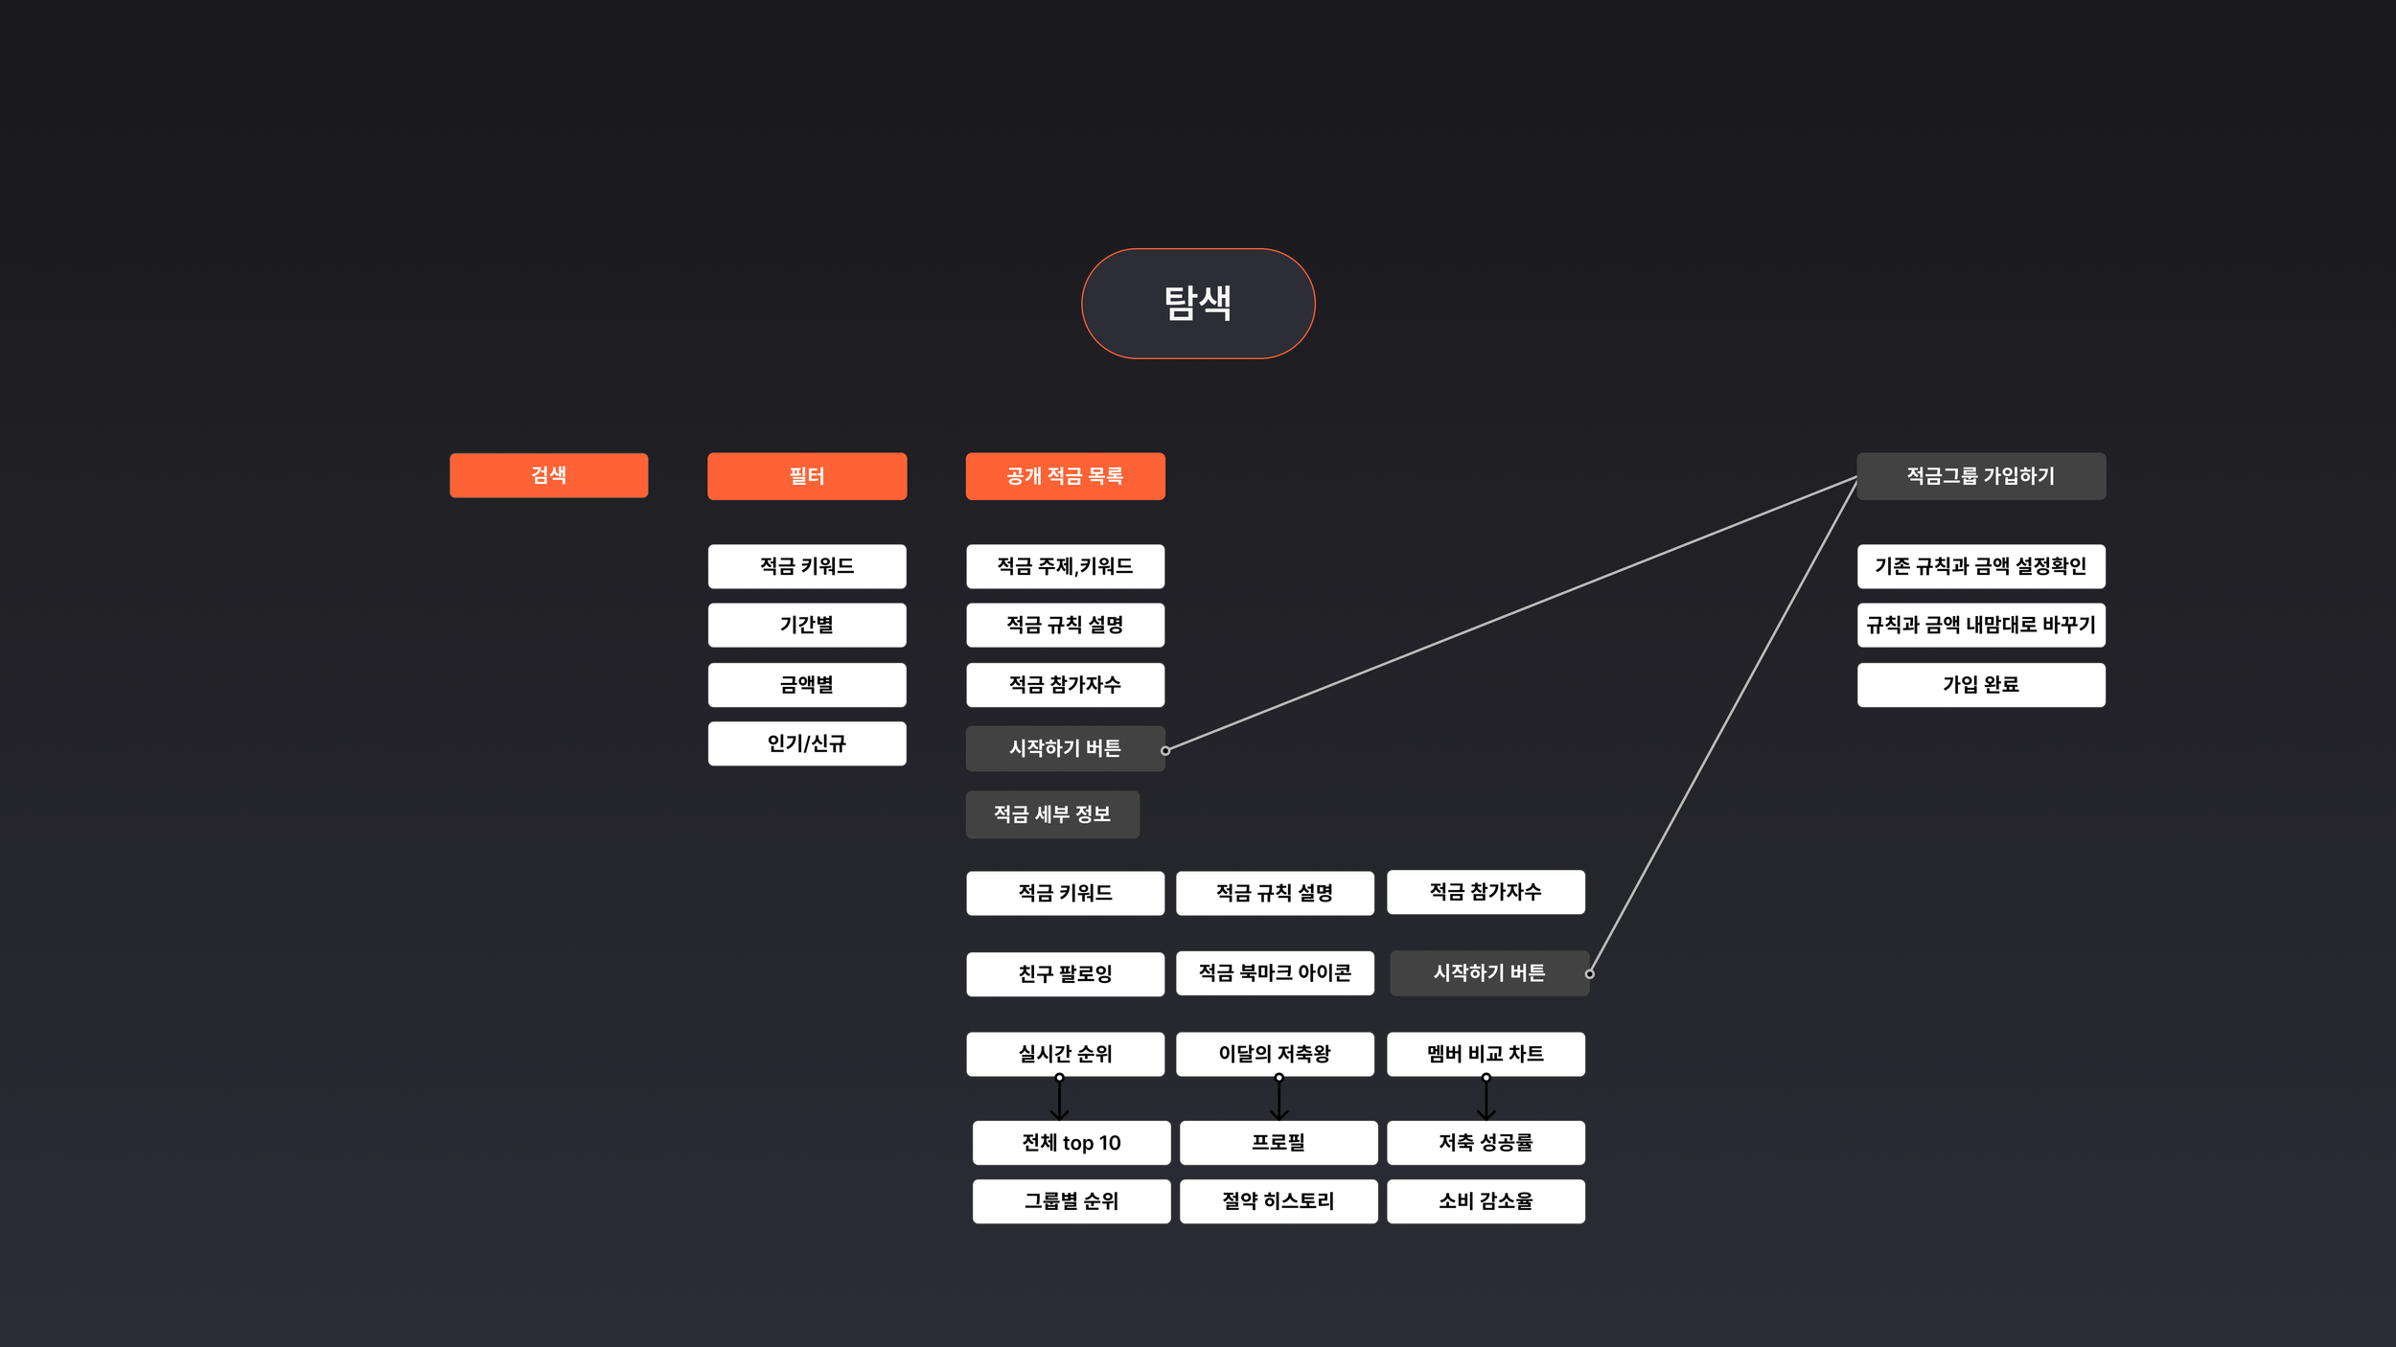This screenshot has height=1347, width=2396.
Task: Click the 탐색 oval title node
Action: (x=1198, y=304)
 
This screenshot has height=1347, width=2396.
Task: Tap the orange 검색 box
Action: (x=548, y=475)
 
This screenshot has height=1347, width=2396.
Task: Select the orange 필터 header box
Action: (x=807, y=476)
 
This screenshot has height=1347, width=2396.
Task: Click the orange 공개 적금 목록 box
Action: (x=1065, y=476)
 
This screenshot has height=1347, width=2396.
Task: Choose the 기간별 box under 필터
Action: (x=807, y=625)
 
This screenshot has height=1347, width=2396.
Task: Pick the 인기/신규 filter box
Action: (x=807, y=743)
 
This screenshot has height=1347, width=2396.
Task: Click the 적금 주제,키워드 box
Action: (x=1065, y=566)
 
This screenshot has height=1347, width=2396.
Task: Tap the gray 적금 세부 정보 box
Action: (x=1052, y=814)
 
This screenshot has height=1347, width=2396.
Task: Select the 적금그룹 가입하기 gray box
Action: (x=1981, y=476)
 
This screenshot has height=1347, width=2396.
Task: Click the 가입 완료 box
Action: (x=1981, y=685)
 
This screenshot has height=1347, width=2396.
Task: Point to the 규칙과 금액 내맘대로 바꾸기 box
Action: (x=1981, y=625)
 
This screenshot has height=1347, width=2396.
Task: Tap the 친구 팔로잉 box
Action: (x=1065, y=974)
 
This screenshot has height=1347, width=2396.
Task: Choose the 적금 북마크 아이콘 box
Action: (x=1275, y=973)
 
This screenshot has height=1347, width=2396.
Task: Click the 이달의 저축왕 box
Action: (x=1275, y=1054)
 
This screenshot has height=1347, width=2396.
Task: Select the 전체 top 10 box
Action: (x=1071, y=1143)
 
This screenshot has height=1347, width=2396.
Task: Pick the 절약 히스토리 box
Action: (x=1279, y=1201)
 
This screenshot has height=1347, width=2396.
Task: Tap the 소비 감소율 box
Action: (x=1486, y=1201)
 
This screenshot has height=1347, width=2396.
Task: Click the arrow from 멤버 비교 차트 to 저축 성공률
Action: (x=1486, y=1099)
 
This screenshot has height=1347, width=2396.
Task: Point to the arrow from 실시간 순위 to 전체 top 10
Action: (x=1059, y=1099)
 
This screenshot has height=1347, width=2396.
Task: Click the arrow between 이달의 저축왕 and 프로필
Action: (x=1279, y=1099)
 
